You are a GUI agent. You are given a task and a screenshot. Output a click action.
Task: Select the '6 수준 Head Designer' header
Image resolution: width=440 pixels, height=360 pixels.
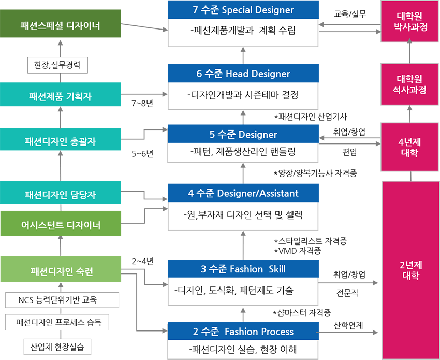pyautogui.click(x=243, y=74)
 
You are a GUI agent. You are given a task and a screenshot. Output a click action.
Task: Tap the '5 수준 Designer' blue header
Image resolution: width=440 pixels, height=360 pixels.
pyautogui.click(x=243, y=135)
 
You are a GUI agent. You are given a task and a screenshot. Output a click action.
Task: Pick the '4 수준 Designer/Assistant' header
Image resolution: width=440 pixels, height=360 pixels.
pyautogui.click(x=243, y=193)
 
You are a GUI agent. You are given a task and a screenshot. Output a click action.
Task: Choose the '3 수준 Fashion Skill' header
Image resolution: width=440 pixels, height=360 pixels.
pyautogui.click(x=243, y=269)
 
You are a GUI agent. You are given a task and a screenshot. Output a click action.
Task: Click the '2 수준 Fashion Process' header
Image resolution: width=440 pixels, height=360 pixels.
pyautogui.click(x=243, y=332)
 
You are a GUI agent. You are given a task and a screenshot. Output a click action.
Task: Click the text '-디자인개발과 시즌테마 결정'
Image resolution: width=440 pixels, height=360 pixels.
pyautogui.click(x=243, y=95)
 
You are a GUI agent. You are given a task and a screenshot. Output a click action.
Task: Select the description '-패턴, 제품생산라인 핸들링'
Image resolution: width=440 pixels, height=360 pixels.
pyautogui.click(x=243, y=153)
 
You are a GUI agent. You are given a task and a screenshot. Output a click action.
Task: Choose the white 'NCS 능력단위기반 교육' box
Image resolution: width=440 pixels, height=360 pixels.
pyautogui.click(x=61, y=299)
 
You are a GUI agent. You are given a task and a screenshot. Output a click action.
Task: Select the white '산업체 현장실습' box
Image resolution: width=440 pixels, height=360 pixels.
pyautogui.click(x=61, y=345)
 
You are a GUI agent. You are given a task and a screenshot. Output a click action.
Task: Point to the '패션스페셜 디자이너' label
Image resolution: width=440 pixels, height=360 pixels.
pyautogui.click(x=61, y=25)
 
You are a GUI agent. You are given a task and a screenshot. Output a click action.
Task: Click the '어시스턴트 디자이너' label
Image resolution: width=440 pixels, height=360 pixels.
pyautogui.click(x=61, y=225)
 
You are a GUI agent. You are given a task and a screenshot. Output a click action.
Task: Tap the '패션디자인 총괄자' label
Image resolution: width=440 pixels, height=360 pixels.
pyautogui.click(x=61, y=141)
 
